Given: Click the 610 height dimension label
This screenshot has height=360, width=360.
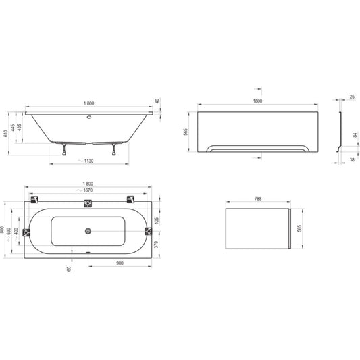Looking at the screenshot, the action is tap(5, 133).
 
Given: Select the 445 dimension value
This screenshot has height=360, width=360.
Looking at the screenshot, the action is tap(13, 128).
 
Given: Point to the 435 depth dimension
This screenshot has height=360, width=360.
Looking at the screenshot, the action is tap(20, 127).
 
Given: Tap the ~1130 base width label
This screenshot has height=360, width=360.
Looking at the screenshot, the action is tap(86, 161).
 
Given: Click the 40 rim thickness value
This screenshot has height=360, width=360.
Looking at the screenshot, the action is tap(157, 101).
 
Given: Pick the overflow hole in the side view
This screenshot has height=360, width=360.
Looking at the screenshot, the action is tap(89, 117).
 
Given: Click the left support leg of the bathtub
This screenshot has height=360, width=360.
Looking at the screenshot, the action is tap(64, 149).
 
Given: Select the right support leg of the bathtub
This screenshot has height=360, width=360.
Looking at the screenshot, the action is tap(114, 149).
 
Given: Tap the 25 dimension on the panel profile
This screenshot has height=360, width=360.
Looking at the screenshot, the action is tap(352, 97).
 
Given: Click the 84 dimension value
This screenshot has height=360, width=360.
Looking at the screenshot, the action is tap(355, 136).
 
